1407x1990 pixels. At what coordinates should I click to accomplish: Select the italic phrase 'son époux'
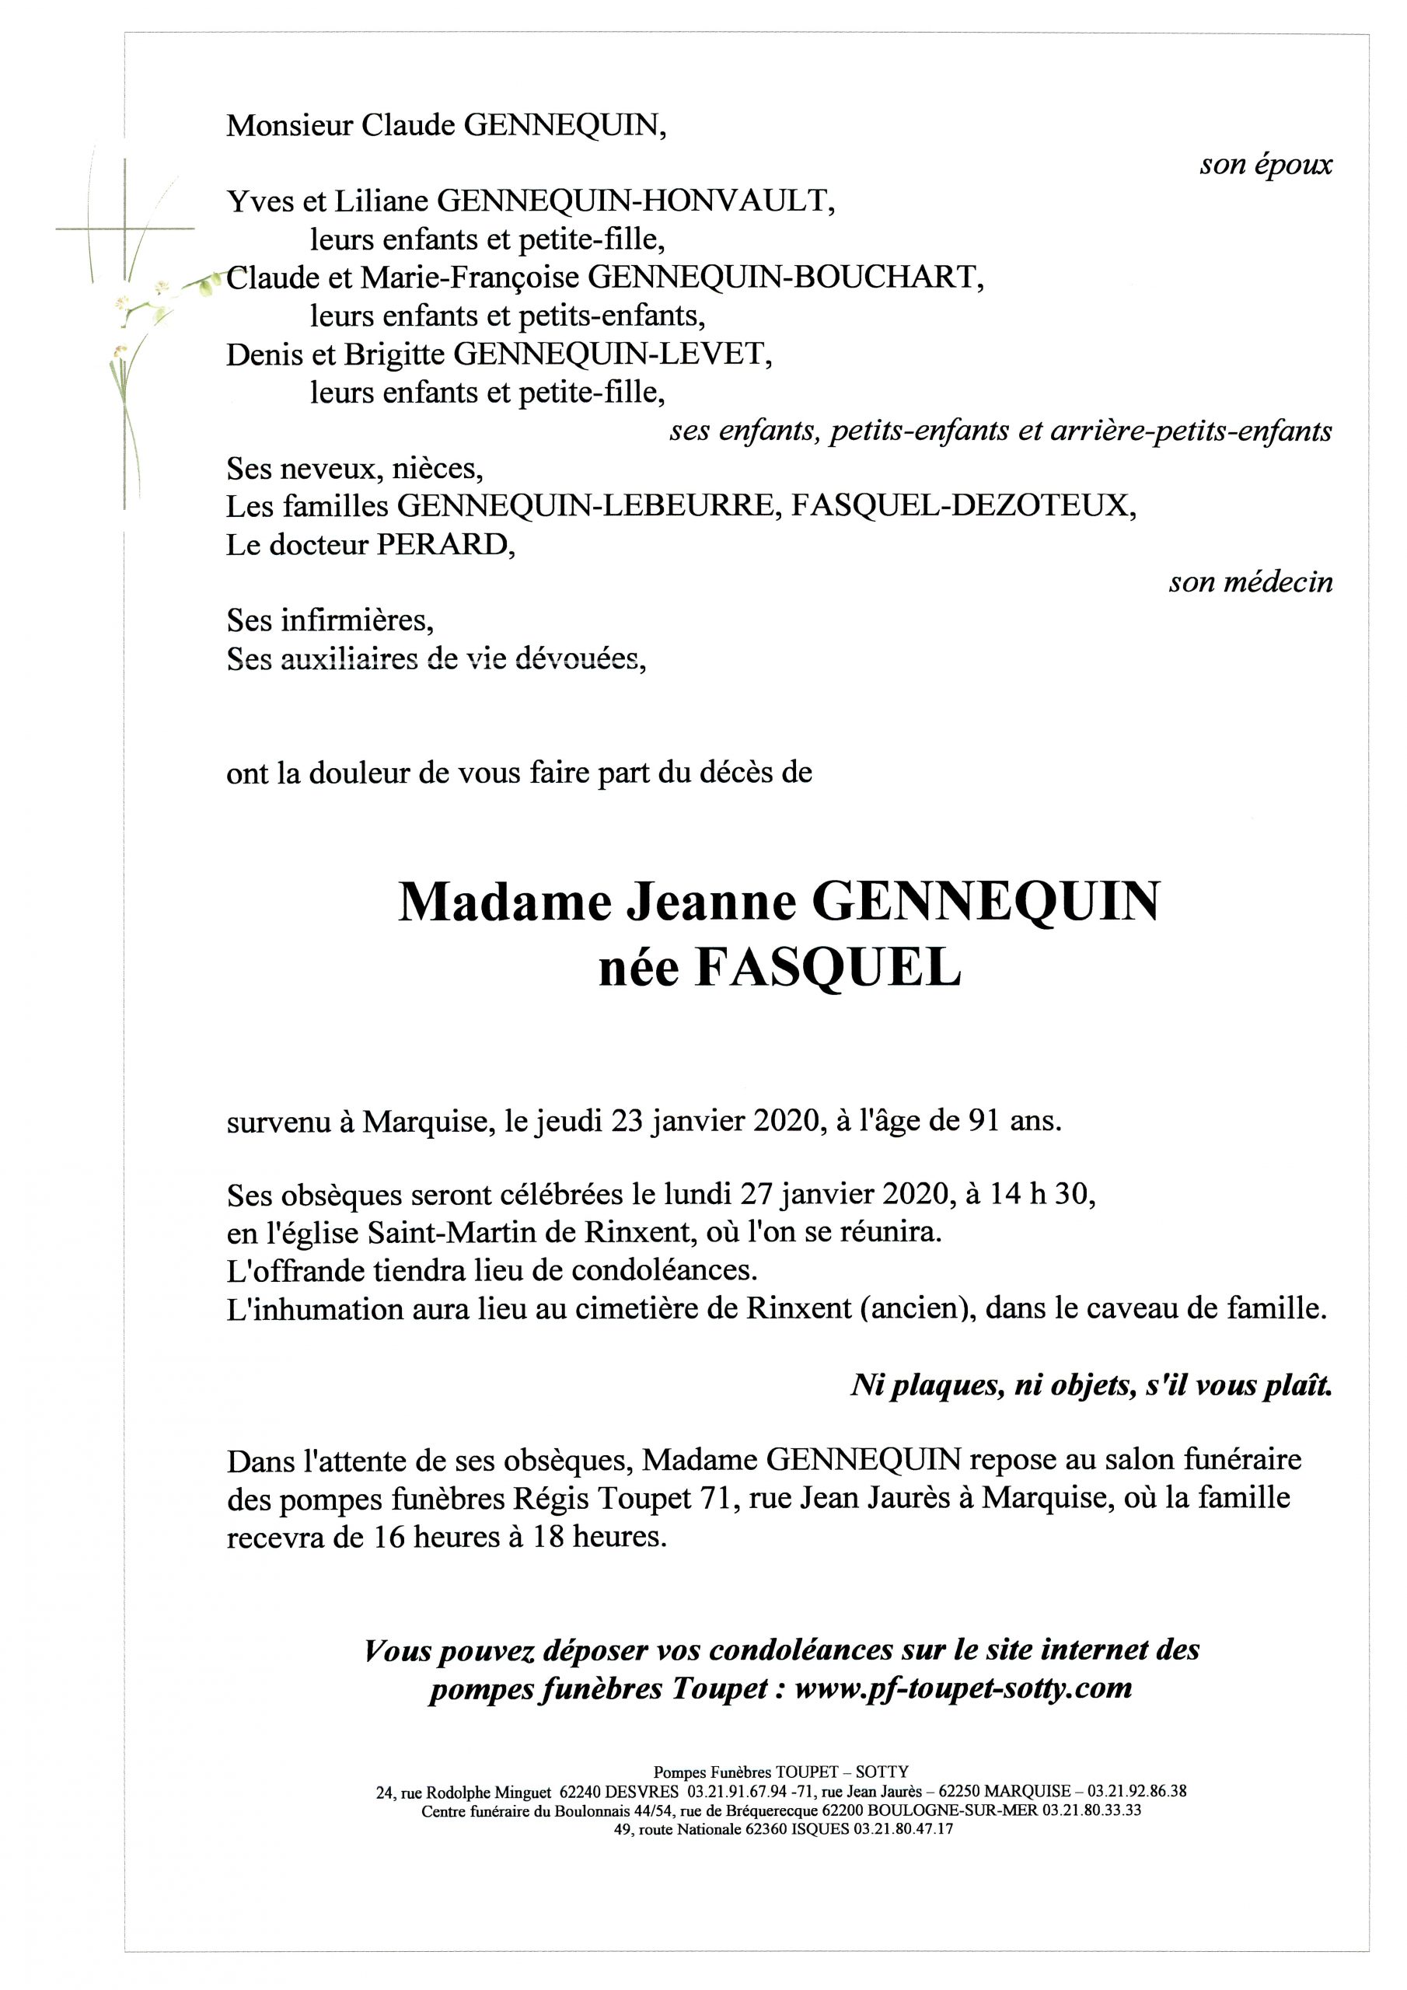pyautogui.click(x=1266, y=165)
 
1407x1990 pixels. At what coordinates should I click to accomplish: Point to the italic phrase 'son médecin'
pyautogui.click(x=1250, y=581)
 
